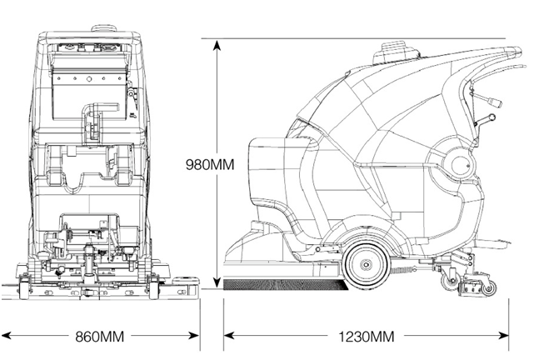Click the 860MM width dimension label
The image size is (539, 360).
pyautogui.click(x=100, y=337)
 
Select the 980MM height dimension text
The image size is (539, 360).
pyautogui.click(x=209, y=165)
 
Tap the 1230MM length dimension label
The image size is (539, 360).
pyautogui.click(x=367, y=337)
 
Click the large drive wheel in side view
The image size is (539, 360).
pyautogui.click(x=365, y=263)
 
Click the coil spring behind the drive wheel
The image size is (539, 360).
pyautogui.click(x=407, y=269)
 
